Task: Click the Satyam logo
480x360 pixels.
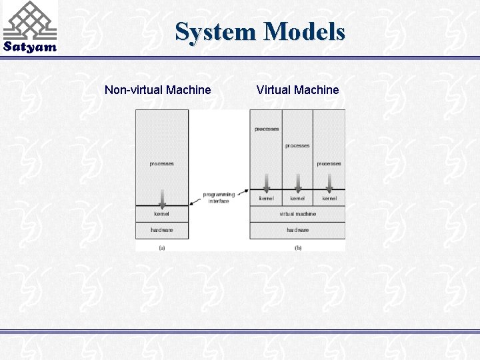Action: [x=29, y=27]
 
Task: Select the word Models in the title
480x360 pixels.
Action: [x=304, y=31]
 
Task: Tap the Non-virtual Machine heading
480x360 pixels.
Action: [x=158, y=90]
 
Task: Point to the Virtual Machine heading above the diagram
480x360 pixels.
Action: [x=297, y=90]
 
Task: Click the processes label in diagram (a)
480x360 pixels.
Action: [x=161, y=164]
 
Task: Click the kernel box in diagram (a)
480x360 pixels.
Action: [x=161, y=214]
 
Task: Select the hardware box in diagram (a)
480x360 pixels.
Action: [x=161, y=231]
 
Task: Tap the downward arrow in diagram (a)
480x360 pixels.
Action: [x=162, y=196]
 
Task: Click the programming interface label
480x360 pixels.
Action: [x=219, y=197]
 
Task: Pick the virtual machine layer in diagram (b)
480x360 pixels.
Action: [x=297, y=214]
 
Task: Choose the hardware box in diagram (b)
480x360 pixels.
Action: [x=297, y=231]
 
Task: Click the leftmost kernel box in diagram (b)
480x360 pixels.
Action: [x=266, y=198]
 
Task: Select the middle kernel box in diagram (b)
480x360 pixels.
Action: [x=297, y=198]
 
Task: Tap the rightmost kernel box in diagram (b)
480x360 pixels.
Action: [x=329, y=198]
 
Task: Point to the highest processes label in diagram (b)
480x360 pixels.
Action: [x=267, y=129]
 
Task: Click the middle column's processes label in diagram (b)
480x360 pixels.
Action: [x=297, y=146]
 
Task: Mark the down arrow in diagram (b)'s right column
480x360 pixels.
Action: [x=329, y=181]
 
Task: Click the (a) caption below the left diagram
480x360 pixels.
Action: [x=161, y=248]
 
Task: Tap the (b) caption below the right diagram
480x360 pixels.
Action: [x=297, y=248]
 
